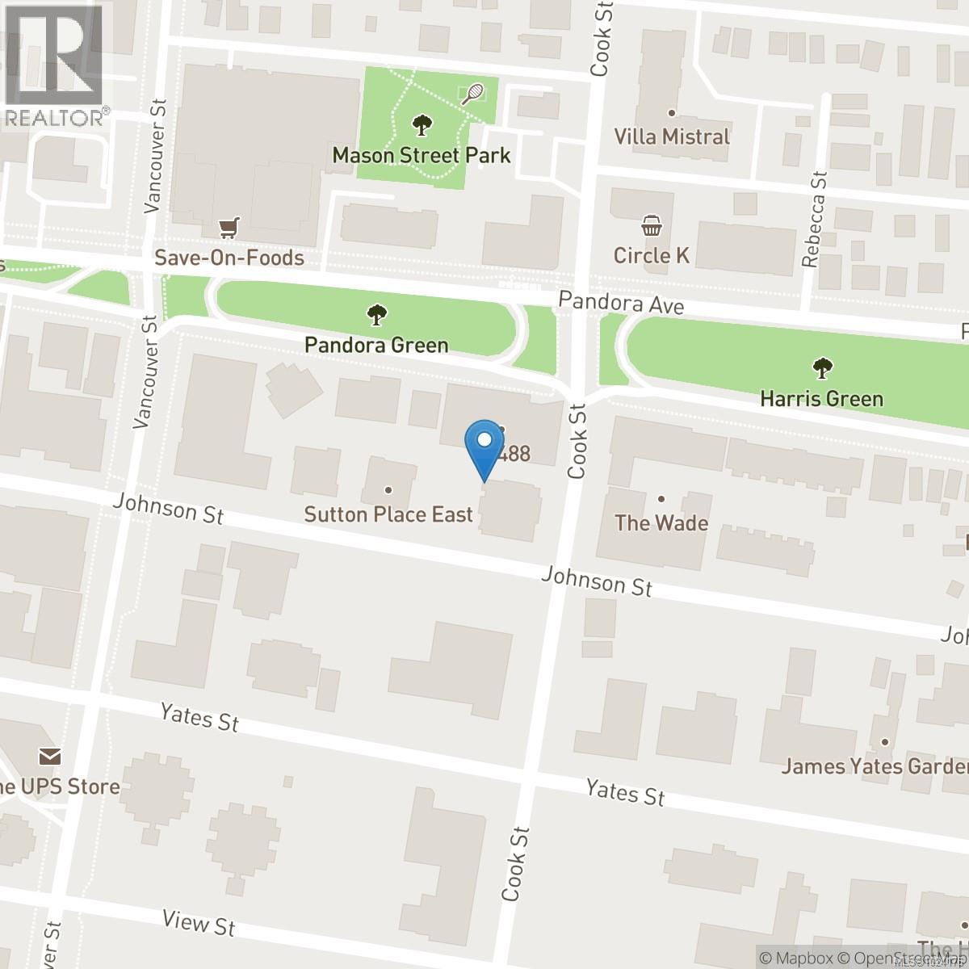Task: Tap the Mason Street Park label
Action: (422, 154)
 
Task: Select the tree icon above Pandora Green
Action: (376, 314)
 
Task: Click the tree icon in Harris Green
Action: (822, 369)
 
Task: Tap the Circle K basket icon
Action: (651, 225)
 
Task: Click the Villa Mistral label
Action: (672, 136)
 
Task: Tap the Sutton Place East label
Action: (388, 514)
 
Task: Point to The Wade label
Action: (661, 522)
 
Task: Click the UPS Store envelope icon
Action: (49, 757)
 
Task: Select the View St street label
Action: (199, 921)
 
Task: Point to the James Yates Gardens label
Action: (875, 766)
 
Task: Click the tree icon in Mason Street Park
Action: (421, 125)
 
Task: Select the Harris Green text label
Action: (822, 398)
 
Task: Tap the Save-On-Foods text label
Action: (230, 258)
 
